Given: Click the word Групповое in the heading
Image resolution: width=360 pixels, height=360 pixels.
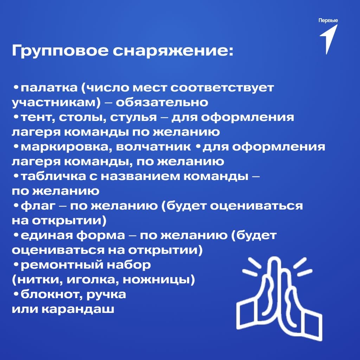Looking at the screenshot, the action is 60,51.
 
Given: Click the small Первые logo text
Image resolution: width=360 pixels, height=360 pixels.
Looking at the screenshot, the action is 328,21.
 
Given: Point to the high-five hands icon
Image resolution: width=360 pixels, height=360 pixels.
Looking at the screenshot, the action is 279,298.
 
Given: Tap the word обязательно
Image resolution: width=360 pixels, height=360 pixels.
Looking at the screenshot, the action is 162,102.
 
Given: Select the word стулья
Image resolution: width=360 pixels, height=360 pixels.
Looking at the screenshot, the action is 133,117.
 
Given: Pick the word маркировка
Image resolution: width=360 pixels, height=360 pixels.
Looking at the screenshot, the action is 64,147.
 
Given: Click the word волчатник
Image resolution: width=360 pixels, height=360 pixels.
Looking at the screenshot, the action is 153,147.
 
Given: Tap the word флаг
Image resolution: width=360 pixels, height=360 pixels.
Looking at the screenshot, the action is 38,206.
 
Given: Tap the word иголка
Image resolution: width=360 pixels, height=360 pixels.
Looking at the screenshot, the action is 93,280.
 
